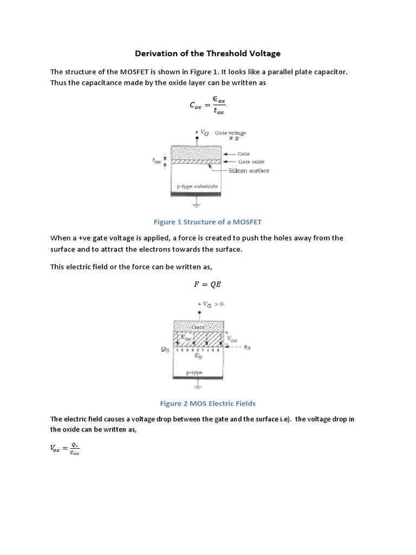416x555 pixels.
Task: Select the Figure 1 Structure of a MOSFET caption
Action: [207, 222]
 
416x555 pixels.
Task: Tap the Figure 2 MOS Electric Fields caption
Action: [207, 403]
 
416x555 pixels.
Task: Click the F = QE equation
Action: [207, 283]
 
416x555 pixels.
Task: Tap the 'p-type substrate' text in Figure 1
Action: [198, 186]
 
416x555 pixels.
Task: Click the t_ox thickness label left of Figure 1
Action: [157, 161]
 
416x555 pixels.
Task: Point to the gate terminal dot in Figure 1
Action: [198, 139]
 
